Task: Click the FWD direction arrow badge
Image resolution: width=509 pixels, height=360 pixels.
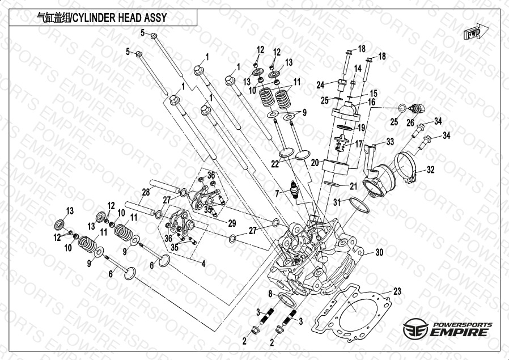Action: tap(473, 33)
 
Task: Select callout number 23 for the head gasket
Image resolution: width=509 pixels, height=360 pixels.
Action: tap(397, 291)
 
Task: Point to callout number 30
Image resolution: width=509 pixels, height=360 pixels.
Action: tap(379, 252)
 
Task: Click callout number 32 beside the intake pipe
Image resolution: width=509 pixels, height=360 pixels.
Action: tap(430, 169)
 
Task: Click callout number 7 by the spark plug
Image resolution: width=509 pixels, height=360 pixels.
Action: tap(277, 193)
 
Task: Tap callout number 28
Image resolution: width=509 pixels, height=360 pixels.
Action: tap(146, 192)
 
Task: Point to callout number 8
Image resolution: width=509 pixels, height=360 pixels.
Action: tap(271, 293)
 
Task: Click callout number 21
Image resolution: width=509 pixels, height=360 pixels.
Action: tap(353, 186)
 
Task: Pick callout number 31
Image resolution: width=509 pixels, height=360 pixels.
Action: tap(337, 202)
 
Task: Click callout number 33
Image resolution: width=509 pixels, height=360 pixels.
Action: tap(390, 141)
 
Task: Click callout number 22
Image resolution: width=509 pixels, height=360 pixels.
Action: tap(275, 164)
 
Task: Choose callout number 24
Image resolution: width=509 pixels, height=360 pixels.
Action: tap(320, 85)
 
